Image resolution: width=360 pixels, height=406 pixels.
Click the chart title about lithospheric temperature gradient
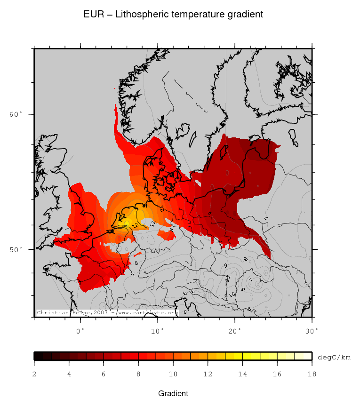173,15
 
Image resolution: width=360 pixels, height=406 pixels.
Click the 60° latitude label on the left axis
16,114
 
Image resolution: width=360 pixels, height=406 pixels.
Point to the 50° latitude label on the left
16,249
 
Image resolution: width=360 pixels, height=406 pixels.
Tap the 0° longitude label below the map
80,331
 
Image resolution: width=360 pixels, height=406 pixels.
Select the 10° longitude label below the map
158,331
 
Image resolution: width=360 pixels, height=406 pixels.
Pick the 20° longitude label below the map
235,331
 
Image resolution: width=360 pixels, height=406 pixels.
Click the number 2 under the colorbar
34,374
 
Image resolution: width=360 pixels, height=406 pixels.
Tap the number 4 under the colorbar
69,374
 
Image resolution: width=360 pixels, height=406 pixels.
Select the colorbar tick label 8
138,374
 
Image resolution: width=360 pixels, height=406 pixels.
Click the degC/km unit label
334,358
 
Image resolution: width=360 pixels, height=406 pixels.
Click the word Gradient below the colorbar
173,393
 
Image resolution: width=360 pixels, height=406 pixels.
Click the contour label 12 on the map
135,226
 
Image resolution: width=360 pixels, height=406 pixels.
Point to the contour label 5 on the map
266,218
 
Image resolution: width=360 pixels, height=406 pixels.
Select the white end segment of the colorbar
303,356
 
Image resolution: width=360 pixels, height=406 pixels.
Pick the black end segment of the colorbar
39,356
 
